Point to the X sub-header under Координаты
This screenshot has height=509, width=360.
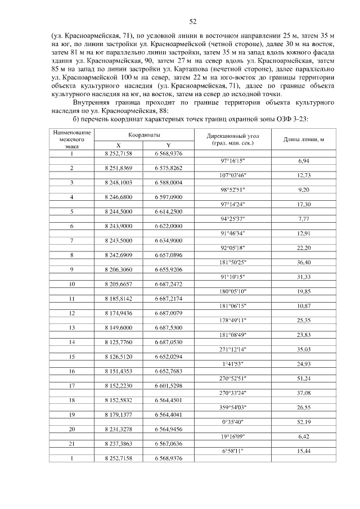coord(118,145)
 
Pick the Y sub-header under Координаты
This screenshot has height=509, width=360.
coord(169,145)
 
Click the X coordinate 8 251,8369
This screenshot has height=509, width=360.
coord(118,168)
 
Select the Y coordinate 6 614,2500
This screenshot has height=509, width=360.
coord(169,211)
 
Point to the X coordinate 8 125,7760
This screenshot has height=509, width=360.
coord(118,342)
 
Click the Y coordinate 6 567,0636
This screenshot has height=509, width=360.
coord(169,444)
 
